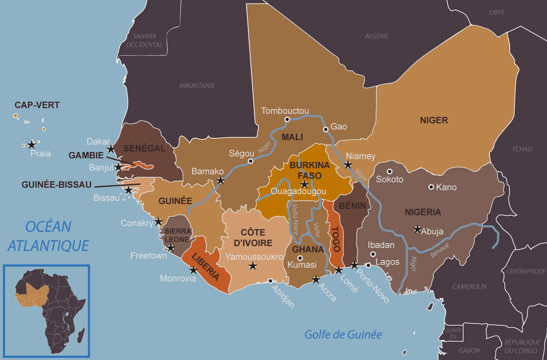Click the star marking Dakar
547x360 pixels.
pos(111,149)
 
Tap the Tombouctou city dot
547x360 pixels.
pos(287,119)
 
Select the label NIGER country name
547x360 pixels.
pos(434,120)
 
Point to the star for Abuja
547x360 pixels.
pos(418,229)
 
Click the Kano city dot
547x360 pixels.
pos(431,187)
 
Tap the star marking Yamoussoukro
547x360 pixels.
pos(253,266)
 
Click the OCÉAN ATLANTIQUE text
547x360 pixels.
pos(48,236)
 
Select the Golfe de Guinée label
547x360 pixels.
pos(343,334)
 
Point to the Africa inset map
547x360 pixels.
pos(47,311)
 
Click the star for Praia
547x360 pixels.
pos(31,145)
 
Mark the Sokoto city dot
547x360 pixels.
pos(389,171)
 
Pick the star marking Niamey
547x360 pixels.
pos(348,165)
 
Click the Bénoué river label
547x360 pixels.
pos(441,250)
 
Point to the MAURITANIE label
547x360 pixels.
pos(197,86)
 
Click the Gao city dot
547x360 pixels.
pos(326,129)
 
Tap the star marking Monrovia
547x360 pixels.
pos(193,270)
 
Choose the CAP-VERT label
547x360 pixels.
pos(37,105)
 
